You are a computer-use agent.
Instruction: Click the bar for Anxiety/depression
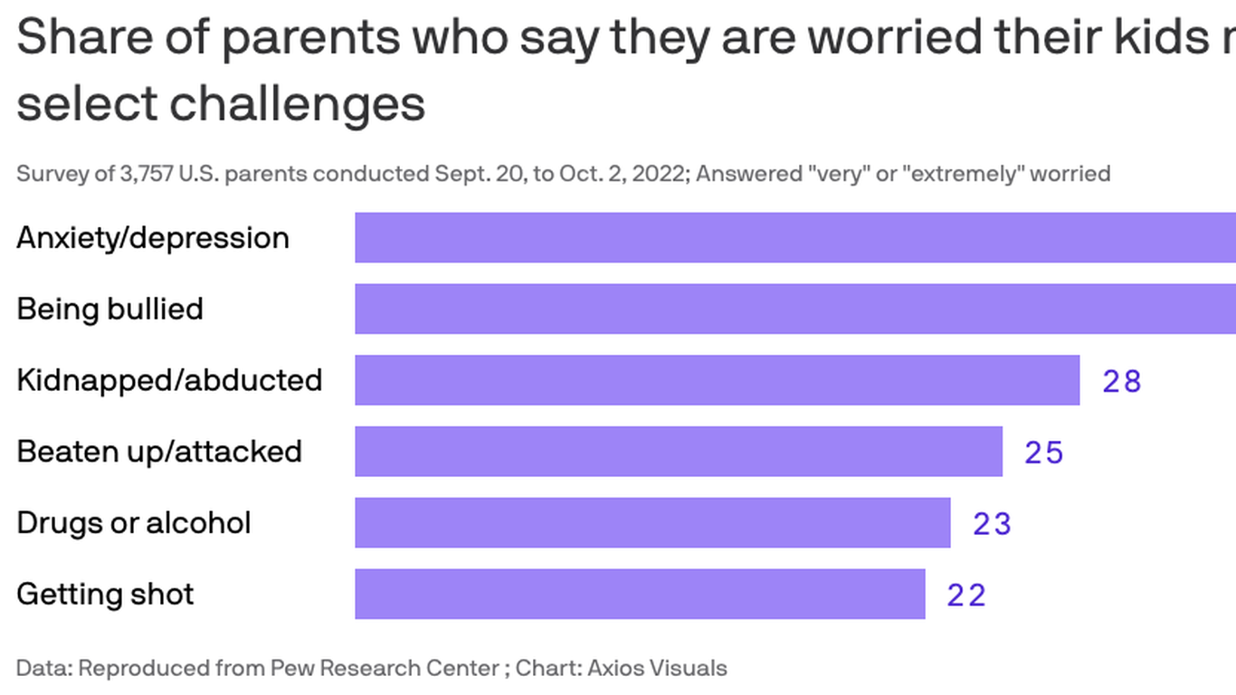coord(794,238)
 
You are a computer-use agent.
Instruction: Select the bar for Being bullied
coord(794,309)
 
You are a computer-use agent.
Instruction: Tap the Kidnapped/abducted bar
coord(717,380)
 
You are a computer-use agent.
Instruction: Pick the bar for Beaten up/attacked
coord(679,452)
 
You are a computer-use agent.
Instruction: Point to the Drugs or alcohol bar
coord(652,523)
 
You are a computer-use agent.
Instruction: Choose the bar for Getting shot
coord(640,594)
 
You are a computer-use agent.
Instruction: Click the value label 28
coord(1122,381)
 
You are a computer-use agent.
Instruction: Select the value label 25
coord(1043,452)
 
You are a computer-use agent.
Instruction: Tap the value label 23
coord(992,524)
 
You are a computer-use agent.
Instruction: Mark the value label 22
coord(966,595)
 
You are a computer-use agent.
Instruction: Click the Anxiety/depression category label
coord(153,238)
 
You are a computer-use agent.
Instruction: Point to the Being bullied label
coord(109,309)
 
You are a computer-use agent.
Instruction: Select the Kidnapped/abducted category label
coord(169,380)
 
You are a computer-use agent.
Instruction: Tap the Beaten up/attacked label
coord(159,452)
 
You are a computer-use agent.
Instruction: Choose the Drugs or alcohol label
coord(134,523)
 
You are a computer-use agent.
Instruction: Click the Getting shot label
coord(105,595)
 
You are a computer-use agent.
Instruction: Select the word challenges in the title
coord(298,103)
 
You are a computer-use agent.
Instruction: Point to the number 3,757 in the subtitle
coord(147,173)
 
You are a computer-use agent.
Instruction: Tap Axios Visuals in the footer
coord(657,669)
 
